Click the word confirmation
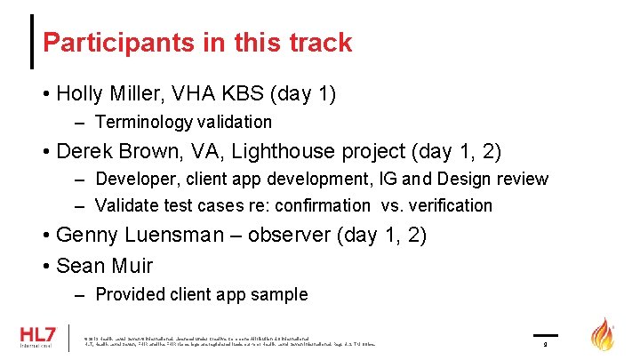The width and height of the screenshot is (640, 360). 324,205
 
